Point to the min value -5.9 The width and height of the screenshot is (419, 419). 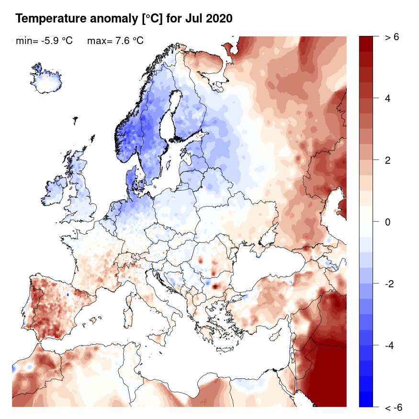[52, 41]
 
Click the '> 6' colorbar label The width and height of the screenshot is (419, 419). [392, 37]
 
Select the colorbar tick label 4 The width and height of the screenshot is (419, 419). [388, 99]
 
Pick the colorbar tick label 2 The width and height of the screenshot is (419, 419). [388, 160]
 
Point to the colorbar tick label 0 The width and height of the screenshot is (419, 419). [388, 222]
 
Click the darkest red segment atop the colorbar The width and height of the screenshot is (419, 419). [366, 43]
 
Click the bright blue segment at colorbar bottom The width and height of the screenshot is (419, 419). [366, 399]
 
